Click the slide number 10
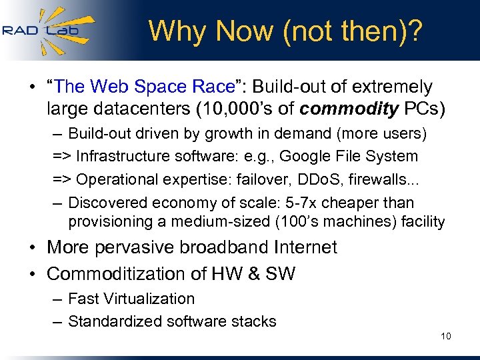pos(445,336)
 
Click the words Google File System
pos(349,157)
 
